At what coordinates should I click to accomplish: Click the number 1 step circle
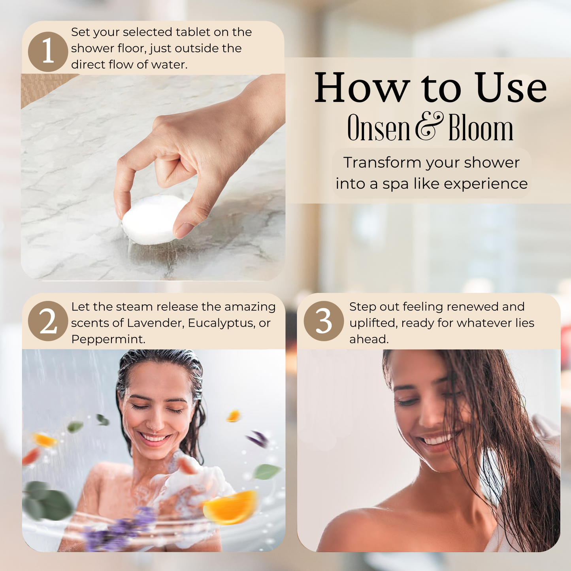point(48,52)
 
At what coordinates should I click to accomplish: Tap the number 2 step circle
point(48,321)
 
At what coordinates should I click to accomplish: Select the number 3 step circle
point(324,321)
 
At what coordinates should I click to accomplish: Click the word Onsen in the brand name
point(379,128)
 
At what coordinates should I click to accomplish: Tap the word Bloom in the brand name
point(481,128)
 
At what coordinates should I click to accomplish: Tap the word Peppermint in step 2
point(107,339)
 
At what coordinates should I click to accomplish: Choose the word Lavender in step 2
point(155,323)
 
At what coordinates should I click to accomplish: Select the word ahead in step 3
point(368,339)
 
